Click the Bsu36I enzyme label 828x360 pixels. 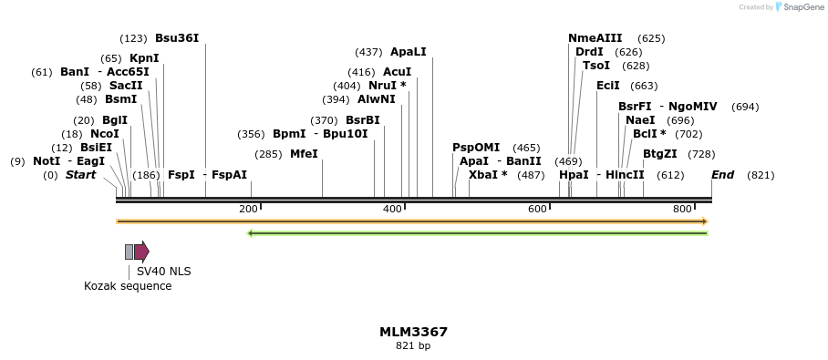point(177,38)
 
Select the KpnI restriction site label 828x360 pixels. point(144,58)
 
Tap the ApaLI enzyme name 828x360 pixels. point(408,52)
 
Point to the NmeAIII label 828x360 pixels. point(595,38)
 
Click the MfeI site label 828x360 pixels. point(304,154)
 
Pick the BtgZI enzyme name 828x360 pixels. point(660,154)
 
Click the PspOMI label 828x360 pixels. point(476,148)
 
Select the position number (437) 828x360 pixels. point(368,52)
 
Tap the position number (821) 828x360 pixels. point(761,175)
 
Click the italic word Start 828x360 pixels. point(80,175)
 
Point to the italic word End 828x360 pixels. point(722,175)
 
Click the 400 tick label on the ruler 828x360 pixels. point(392,210)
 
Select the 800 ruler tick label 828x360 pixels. point(681,210)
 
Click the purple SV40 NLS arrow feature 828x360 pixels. point(141,252)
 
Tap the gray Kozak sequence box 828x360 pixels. point(129,252)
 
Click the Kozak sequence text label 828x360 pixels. point(128,286)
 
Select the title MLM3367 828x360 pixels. point(413,332)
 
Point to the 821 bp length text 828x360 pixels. point(413,346)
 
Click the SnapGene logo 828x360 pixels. point(796,7)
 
